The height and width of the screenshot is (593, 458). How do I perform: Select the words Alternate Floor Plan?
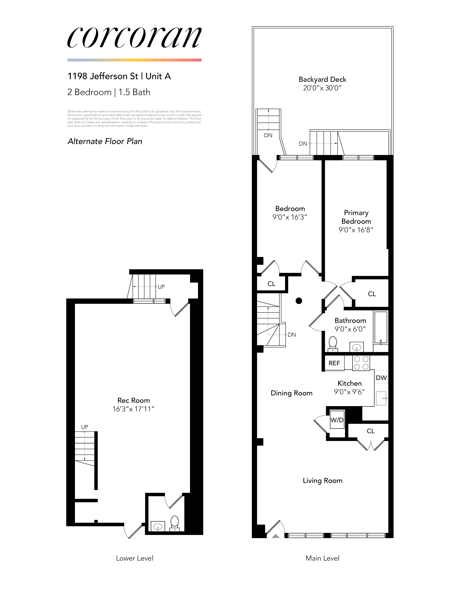(x=105, y=141)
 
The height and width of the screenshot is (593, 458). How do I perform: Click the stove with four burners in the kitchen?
(x=361, y=363)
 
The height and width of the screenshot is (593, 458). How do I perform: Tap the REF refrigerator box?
(x=334, y=363)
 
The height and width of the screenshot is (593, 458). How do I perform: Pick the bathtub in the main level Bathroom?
(x=381, y=328)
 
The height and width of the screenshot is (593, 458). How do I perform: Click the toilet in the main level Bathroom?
(x=333, y=343)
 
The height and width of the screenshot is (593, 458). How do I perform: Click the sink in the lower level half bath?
(x=158, y=526)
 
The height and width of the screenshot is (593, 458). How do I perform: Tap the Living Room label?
(x=322, y=481)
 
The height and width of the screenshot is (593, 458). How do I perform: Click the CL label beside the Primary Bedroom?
(x=372, y=294)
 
